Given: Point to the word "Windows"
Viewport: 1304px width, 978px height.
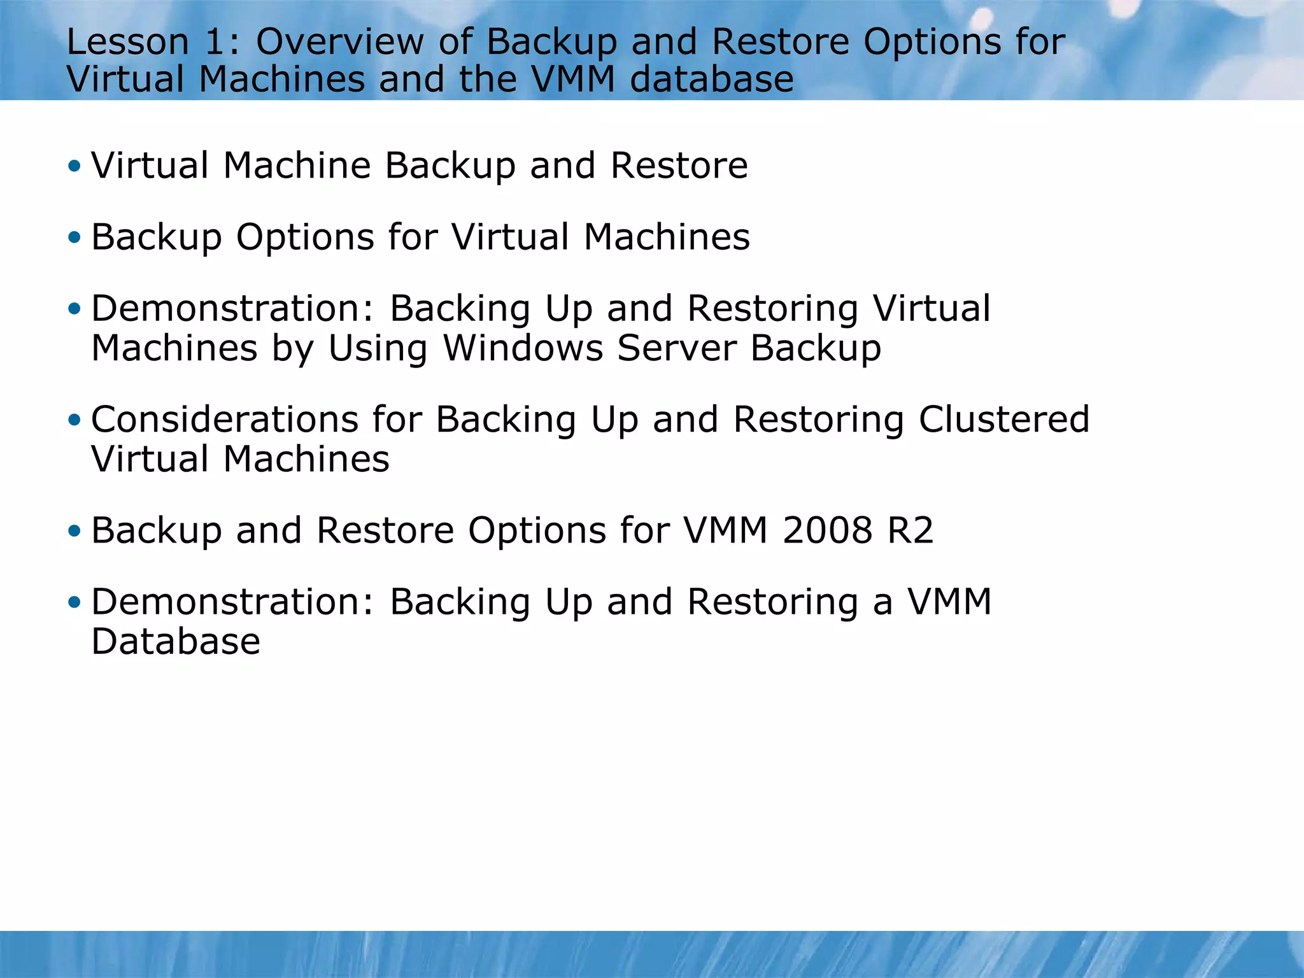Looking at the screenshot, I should click(x=523, y=348).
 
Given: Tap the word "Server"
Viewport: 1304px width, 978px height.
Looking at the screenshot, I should click(x=676, y=348).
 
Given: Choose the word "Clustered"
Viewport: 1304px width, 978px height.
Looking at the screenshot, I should click(x=1004, y=420).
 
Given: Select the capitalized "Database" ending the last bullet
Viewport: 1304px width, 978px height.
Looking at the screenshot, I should click(x=176, y=641).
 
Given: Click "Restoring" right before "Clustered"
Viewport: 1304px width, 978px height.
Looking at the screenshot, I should click(x=818, y=420).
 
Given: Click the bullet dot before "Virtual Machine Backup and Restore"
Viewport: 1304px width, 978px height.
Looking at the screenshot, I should click(x=74, y=167).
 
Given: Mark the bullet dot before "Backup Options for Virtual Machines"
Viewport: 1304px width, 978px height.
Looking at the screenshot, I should click(x=74, y=238).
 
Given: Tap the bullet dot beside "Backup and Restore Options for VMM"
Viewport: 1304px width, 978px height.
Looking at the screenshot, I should click(x=74, y=531).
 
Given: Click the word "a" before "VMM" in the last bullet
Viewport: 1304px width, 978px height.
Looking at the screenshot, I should click(x=882, y=603).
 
